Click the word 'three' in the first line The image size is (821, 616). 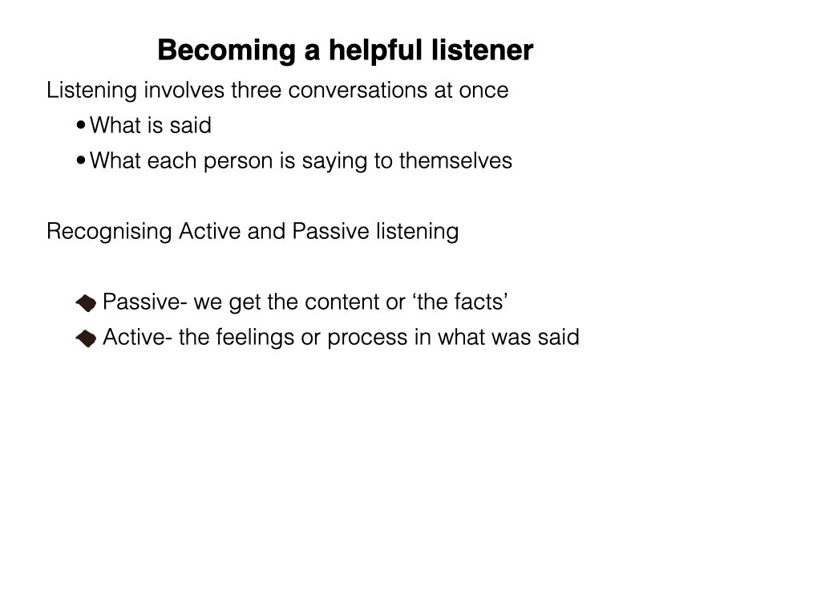click(257, 90)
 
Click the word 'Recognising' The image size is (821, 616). click(109, 232)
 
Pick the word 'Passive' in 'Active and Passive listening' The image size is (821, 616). click(327, 231)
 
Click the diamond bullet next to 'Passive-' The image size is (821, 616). click(86, 303)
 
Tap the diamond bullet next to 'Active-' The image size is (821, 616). click(86, 338)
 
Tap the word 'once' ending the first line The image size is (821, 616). click(483, 90)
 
